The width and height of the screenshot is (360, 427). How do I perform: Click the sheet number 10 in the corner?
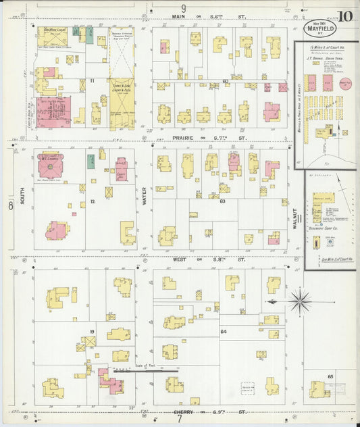pyautogui.click(x=345, y=16)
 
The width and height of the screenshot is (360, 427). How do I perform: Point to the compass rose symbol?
pyautogui.click(x=300, y=301)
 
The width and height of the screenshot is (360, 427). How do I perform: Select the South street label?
pyautogui.click(x=22, y=183)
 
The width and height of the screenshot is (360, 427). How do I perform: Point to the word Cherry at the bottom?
pyautogui.click(x=183, y=411)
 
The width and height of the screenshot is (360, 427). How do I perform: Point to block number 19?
pyautogui.click(x=91, y=332)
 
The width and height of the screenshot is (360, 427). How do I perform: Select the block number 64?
pyautogui.click(x=223, y=331)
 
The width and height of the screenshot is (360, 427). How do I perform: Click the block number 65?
pyautogui.click(x=330, y=375)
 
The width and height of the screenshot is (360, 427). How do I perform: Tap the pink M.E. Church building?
pyautogui.click(x=51, y=164)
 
